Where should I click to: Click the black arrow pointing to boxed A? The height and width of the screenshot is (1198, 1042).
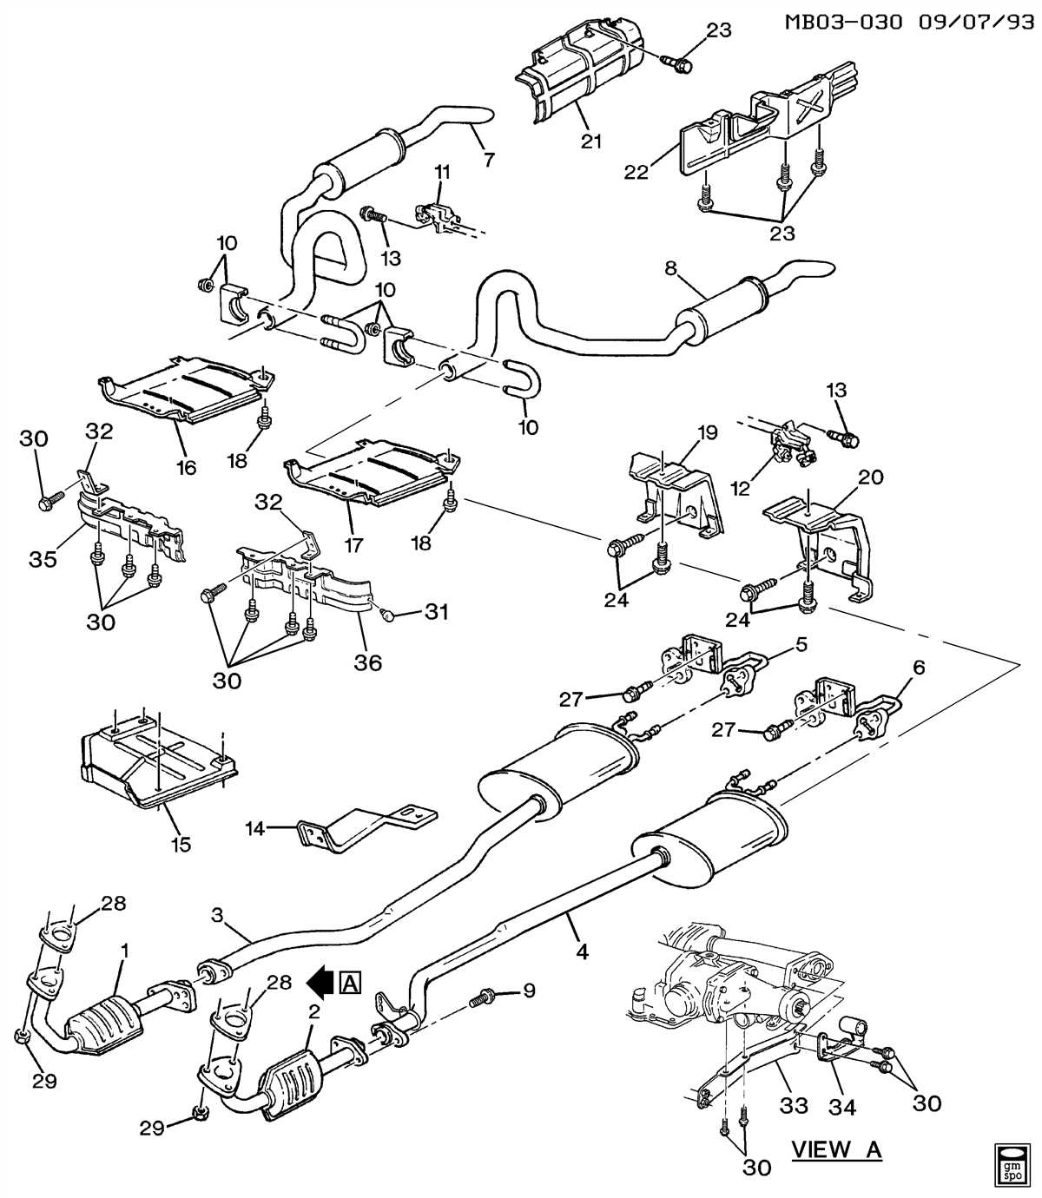pyautogui.click(x=320, y=982)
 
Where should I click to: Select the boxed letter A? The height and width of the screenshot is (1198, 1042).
pyautogui.click(x=351, y=982)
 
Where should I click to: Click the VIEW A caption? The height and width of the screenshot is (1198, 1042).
pyautogui.click(x=835, y=1149)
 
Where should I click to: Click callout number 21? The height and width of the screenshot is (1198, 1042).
pyautogui.click(x=591, y=141)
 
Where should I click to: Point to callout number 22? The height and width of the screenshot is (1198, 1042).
pyautogui.click(x=636, y=172)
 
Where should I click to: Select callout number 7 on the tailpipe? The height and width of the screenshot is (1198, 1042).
pyautogui.click(x=488, y=160)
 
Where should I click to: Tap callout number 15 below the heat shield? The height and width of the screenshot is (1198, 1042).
pyautogui.click(x=181, y=843)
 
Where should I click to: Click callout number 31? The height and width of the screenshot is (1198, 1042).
pyautogui.click(x=436, y=612)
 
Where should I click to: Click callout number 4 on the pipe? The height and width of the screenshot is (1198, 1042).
pyautogui.click(x=582, y=951)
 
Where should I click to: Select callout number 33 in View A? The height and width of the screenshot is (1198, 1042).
pyautogui.click(x=793, y=1105)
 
